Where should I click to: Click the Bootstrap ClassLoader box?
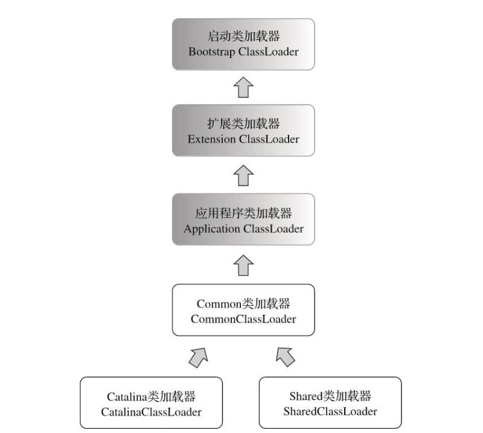coord(243,43)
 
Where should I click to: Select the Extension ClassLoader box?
coord(243,130)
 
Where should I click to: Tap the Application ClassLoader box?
coord(243,220)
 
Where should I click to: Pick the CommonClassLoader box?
coord(243,310)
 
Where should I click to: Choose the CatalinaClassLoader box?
coord(151,403)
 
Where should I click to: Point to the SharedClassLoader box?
coord(330,403)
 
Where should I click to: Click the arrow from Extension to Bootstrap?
coord(243,87)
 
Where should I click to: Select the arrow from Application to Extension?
coord(243,175)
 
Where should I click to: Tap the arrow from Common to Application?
coord(243,265)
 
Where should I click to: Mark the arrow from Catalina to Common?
coord(199,357)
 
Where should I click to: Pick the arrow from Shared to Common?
coord(286,357)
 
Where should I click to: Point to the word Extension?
coord(212,139)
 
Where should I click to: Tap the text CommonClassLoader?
coord(243,320)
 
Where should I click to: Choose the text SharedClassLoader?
coord(330,412)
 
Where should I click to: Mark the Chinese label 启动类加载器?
coord(243,35)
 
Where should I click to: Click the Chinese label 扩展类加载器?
coord(243,124)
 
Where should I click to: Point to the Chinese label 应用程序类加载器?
coord(243,213)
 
